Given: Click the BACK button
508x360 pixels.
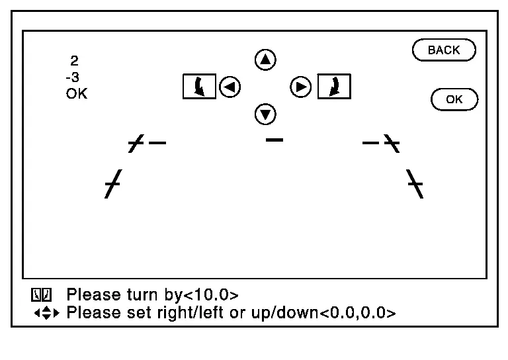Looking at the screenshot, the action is (x=444, y=50).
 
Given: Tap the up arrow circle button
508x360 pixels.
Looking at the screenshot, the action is (x=265, y=60).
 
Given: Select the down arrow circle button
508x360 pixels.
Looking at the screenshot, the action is (x=265, y=114).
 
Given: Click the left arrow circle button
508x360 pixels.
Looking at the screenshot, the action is (x=230, y=87).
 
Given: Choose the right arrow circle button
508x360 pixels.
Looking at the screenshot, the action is (x=301, y=87).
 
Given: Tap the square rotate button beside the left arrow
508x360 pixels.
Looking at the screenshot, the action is (x=199, y=87).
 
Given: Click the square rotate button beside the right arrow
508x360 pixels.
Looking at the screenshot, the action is (x=334, y=87).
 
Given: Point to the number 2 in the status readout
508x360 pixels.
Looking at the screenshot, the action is (x=74, y=61).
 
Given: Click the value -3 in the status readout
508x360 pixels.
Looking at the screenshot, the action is (x=72, y=77).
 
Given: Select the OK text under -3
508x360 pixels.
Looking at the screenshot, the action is (x=77, y=94).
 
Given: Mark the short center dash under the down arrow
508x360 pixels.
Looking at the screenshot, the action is (x=274, y=140).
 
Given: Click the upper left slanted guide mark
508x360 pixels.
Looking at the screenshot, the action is (x=136, y=143).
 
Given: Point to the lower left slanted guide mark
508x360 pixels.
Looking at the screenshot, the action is (x=113, y=184).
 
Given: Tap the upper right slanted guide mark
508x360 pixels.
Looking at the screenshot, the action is (x=392, y=143).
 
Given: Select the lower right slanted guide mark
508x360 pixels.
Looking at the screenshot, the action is (x=415, y=184).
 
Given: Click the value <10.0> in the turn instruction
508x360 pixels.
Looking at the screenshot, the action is (x=211, y=295).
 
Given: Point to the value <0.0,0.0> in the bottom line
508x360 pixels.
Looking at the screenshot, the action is (x=358, y=313).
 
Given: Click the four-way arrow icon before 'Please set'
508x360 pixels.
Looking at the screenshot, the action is (x=47, y=313).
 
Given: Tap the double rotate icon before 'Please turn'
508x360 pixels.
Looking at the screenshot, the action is (x=42, y=295).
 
